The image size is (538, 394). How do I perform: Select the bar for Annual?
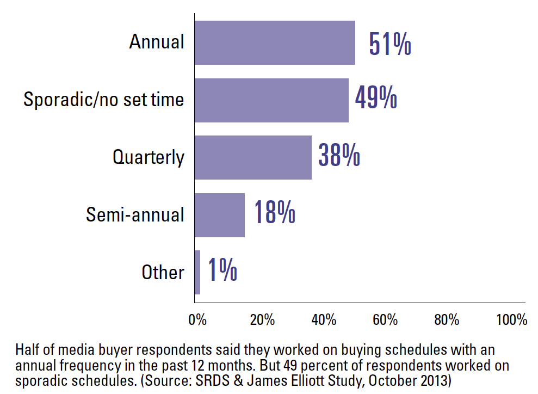[275, 43]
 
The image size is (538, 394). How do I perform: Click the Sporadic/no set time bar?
[271, 100]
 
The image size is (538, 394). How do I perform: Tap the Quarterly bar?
[253, 158]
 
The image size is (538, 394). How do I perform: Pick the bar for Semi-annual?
[220, 215]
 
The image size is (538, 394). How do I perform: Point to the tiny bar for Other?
[197, 272]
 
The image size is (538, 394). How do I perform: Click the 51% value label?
[389, 45]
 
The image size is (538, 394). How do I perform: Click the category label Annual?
[157, 42]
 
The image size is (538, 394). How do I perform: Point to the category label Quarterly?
[149, 157]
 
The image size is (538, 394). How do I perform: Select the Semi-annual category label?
[135, 214]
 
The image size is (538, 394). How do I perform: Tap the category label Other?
[163, 272]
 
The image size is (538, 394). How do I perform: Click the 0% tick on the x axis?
[197, 320]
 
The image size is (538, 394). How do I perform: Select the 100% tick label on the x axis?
[511, 320]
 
